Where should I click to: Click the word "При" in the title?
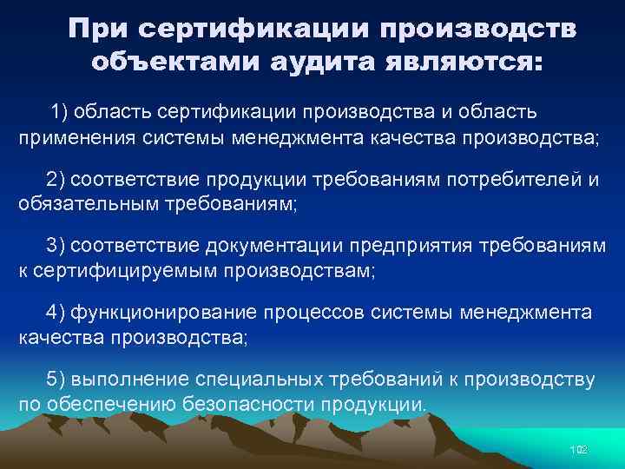97,31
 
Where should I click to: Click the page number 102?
578,449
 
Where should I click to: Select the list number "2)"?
56,179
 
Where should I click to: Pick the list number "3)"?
56,247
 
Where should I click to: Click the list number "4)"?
56,312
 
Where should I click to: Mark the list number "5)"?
56,379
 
